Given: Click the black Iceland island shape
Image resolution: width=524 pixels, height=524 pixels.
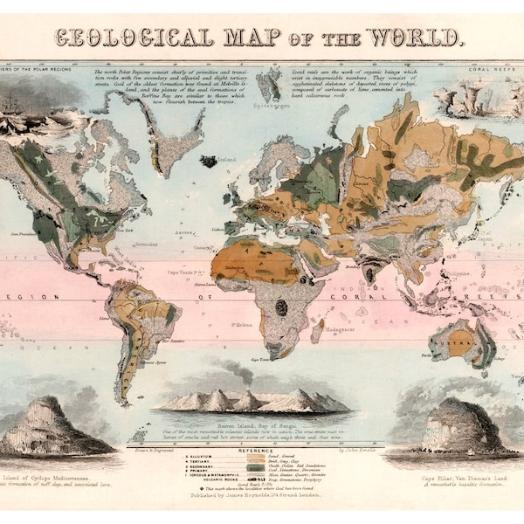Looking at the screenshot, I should pyautogui.click(x=209, y=162).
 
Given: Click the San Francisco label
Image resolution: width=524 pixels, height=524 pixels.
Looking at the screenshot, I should pyautogui.click(x=24, y=234).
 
